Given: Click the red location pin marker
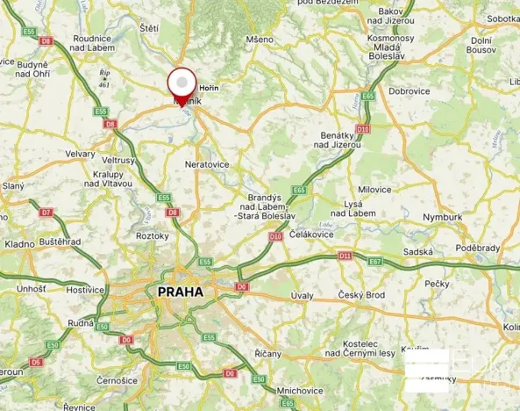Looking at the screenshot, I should coord(182,85).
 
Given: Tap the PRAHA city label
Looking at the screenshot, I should coord(180,292).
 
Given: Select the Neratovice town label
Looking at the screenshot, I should coord(207,164).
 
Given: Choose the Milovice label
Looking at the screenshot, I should coord(374,189).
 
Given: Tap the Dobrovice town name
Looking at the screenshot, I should coord(409,90).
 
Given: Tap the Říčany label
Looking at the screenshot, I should coord(268,353).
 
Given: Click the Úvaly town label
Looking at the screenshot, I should coord(301,295).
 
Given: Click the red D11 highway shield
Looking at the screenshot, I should coord(345,256).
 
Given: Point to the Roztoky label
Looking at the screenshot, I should coord(152,235).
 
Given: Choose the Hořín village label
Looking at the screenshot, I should coord(209,88).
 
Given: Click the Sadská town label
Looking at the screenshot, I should coord(419,251).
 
